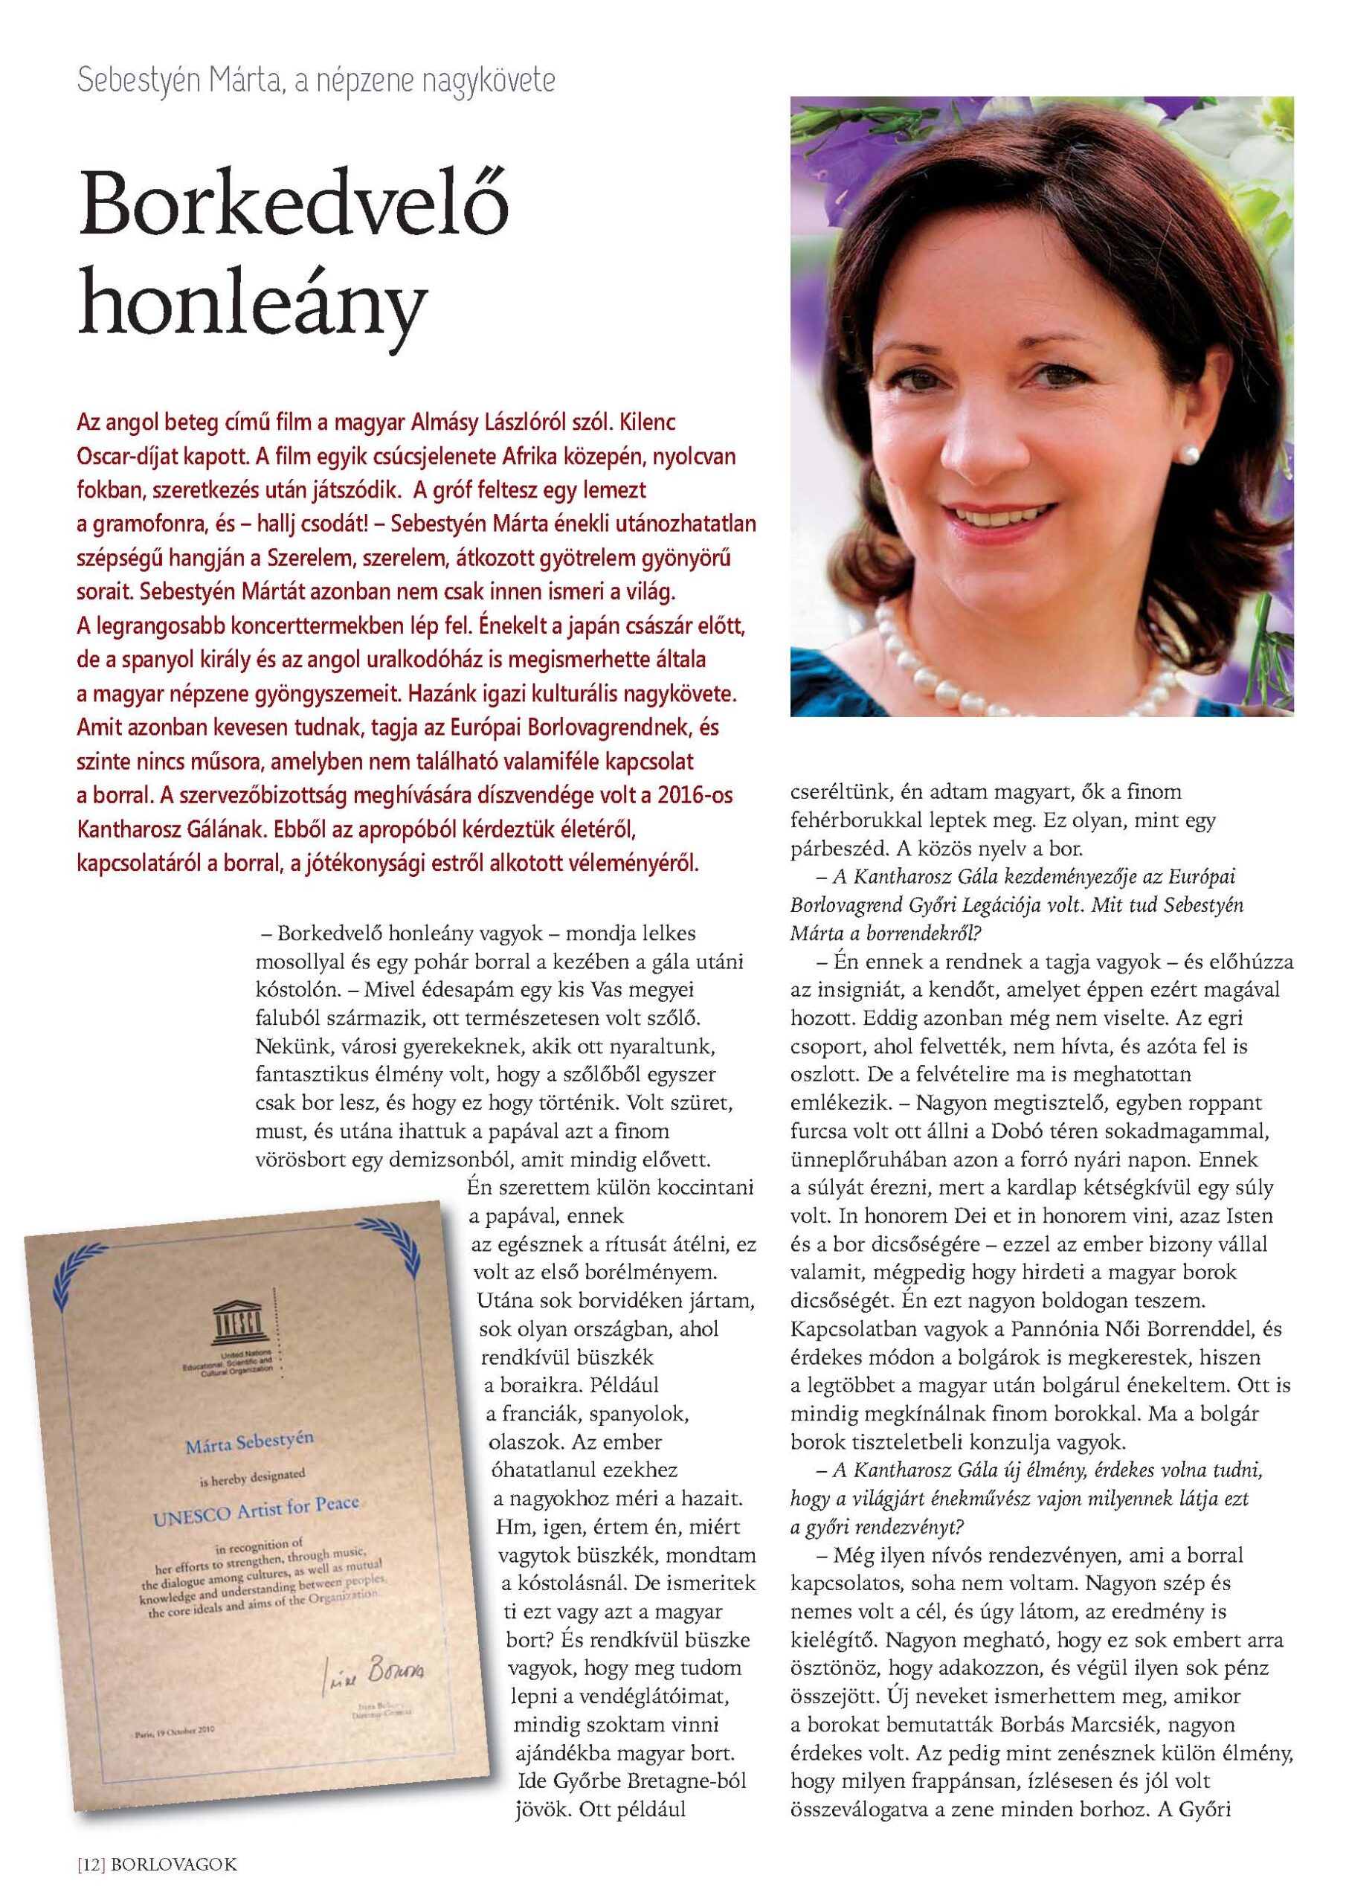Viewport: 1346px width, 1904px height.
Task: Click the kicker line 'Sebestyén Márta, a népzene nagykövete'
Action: (315, 81)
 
